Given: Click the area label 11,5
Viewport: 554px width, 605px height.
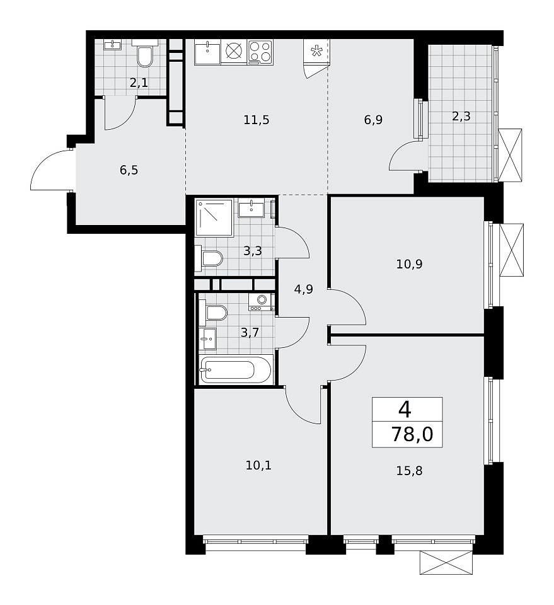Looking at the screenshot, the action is click(256, 120).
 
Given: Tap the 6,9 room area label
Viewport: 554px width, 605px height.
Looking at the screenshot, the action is click(373, 120).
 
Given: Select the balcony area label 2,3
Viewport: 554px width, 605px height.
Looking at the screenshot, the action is click(461, 116).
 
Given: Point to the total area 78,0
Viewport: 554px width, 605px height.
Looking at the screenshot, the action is click(412, 434).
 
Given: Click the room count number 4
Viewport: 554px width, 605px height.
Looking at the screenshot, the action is click(405, 410).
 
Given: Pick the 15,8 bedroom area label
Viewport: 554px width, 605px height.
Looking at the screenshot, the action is click(409, 471).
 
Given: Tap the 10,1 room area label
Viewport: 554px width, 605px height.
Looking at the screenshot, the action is click(258, 465).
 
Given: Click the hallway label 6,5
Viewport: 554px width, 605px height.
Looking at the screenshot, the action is click(129, 170).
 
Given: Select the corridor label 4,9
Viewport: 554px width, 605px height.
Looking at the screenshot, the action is click(304, 289).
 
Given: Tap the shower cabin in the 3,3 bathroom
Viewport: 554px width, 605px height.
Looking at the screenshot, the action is click(214, 217).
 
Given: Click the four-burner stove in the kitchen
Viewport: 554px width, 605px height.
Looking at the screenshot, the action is click(260, 52).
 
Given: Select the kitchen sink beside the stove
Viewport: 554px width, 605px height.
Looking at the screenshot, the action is click(207, 52).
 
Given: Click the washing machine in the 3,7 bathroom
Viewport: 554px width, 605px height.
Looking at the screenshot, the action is click(261, 301).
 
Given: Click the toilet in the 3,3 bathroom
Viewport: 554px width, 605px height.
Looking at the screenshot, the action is click(211, 258).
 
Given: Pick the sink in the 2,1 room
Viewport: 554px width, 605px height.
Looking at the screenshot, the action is click(113, 45).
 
